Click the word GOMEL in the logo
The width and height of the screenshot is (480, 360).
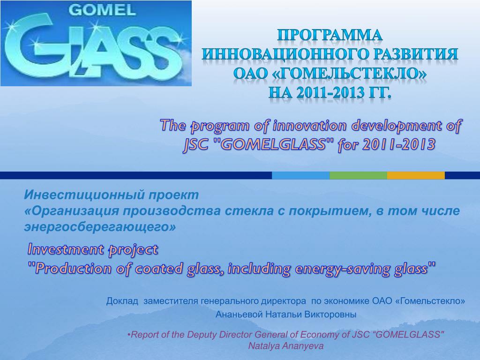pos(102,10)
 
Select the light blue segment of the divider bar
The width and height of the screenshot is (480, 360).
pos(300,175)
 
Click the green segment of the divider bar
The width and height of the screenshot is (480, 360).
pos(359,175)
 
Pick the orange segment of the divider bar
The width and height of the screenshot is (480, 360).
pos(416,175)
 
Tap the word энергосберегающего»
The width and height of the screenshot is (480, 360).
pos(100,227)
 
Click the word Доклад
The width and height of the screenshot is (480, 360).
pos(122,301)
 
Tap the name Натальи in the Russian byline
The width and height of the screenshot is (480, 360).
pos(281,315)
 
